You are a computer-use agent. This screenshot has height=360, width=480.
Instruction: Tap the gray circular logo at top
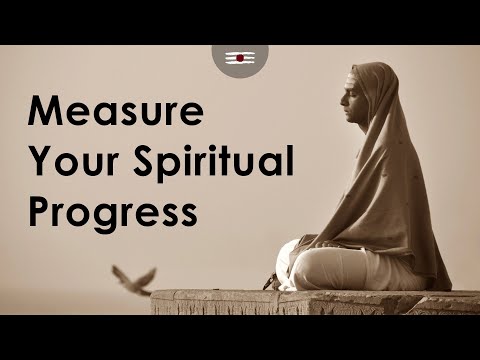pos(240,59)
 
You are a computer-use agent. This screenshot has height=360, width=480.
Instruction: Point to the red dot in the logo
pos(240,59)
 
